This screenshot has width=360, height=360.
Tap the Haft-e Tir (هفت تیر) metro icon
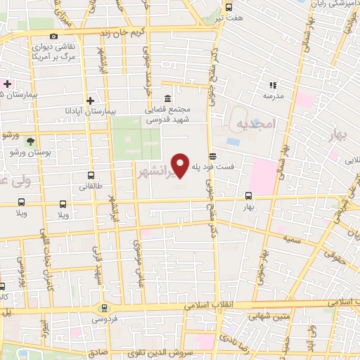(228, 7)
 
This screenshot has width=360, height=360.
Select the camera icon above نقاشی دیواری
(54, 36)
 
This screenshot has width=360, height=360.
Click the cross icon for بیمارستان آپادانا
(90, 101)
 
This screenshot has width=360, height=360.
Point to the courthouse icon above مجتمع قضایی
(166, 99)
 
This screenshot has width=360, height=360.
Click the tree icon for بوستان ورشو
(30, 141)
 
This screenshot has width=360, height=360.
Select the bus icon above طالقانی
(90, 176)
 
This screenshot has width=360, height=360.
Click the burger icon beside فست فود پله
(212, 156)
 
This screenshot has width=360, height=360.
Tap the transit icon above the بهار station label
(247, 196)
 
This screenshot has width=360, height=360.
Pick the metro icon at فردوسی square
(105, 307)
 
